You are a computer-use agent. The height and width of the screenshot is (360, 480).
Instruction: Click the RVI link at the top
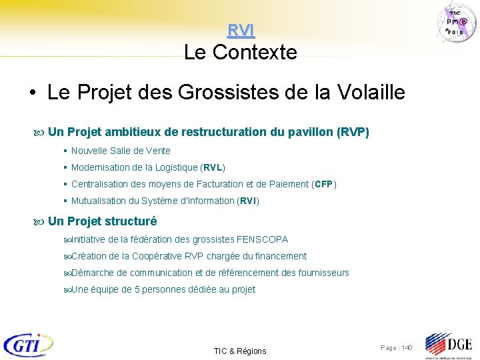241,30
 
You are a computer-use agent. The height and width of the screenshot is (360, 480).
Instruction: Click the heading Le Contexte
240,52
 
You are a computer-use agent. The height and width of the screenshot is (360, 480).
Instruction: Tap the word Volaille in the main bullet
368,93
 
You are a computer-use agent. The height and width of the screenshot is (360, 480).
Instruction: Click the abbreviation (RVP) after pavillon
353,132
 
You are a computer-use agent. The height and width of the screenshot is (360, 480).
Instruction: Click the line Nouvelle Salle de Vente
121,151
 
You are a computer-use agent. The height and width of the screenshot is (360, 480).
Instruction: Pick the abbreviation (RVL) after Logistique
214,167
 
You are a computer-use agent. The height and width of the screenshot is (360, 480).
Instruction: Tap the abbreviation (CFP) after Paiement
325,184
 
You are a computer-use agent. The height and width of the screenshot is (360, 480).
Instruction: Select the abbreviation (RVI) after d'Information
248,201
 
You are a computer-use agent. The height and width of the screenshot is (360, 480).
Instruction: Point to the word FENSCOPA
263,239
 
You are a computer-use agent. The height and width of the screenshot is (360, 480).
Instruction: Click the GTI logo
28,345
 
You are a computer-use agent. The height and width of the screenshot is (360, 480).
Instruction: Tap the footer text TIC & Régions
240,351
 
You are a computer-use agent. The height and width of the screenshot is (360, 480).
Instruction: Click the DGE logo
449,345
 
